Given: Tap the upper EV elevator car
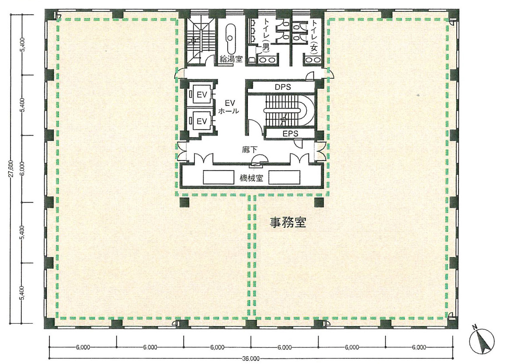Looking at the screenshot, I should [201, 94].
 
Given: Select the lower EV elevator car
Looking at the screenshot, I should [201, 120].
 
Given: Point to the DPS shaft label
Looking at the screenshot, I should [283, 87].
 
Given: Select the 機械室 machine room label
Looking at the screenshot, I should [251, 178].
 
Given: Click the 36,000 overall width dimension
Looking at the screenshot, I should [250, 359].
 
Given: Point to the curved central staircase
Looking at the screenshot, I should [290, 111].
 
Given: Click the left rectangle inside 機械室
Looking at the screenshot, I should [218, 177].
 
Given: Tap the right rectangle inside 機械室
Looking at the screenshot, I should [284, 177].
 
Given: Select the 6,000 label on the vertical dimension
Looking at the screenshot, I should [22, 168].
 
